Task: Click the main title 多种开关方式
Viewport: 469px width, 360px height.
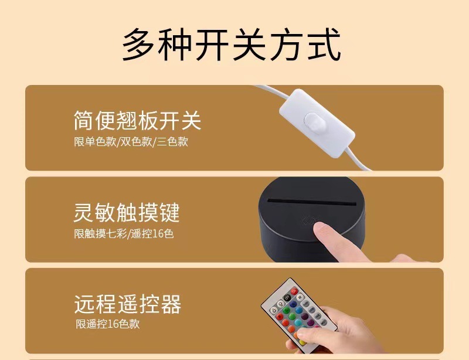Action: pos(232,44)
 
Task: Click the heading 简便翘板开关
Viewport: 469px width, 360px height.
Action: pos(137,120)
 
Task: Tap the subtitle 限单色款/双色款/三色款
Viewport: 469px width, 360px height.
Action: pos(131,141)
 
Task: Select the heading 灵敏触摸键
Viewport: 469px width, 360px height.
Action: pos(127,212)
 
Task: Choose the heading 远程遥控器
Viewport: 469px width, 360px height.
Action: pos(127,304)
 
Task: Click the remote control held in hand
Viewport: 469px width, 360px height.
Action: pos(293,314)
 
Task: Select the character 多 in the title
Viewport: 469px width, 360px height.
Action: pos(140,44)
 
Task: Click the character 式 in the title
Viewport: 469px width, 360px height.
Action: pos(323,44)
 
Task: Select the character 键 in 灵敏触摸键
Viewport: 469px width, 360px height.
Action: pos(169,212)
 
